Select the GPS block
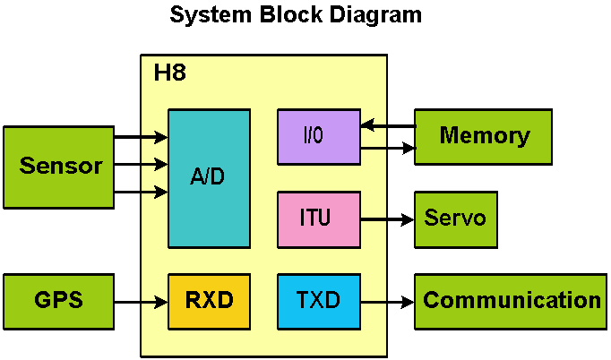pyautogui.click(x=58, y=301)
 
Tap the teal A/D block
pyautogui.click(x=209, y=177)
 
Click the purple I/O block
pyautogui.click(x=318, y=136)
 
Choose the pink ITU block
pyautogui.click(x=318, y=219)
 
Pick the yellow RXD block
pyautogui.click(x=209, y=301)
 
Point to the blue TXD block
pyautogui.click(x=318, y=301)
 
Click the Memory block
pyautogui.click(x=483, y=136)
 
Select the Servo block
pyautogui.click(x=455, y=219)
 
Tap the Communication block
pyautogui.click(x=511, y=301)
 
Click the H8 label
pyautogui.click(x=170, y=73)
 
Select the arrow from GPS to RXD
pyautogui.click(x=141, y=302)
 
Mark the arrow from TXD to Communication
pyautogui.click(x=387, y=302)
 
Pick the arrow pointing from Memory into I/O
pyautogui.click(x=387, y=126)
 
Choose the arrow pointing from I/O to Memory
pyautogui.click(x=387, y=145)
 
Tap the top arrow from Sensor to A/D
pyautogui.click(x=141, y=137)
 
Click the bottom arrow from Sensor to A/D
pyautogui.click(x=141, y=192)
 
